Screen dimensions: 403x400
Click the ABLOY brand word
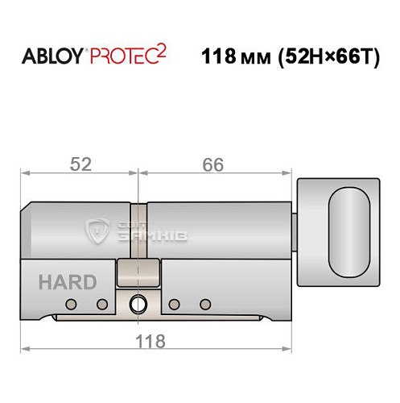pos(51,60)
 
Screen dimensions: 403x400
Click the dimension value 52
pos(79,164)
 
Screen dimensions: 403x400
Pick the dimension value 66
pos(212,164)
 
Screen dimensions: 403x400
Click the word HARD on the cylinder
pos(67,283)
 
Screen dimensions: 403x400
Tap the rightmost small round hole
pos(205,304)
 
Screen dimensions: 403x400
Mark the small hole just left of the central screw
pos(102,304)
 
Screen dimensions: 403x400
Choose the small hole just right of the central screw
pos(174,304)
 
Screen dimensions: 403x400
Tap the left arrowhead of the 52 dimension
pos(24,172)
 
